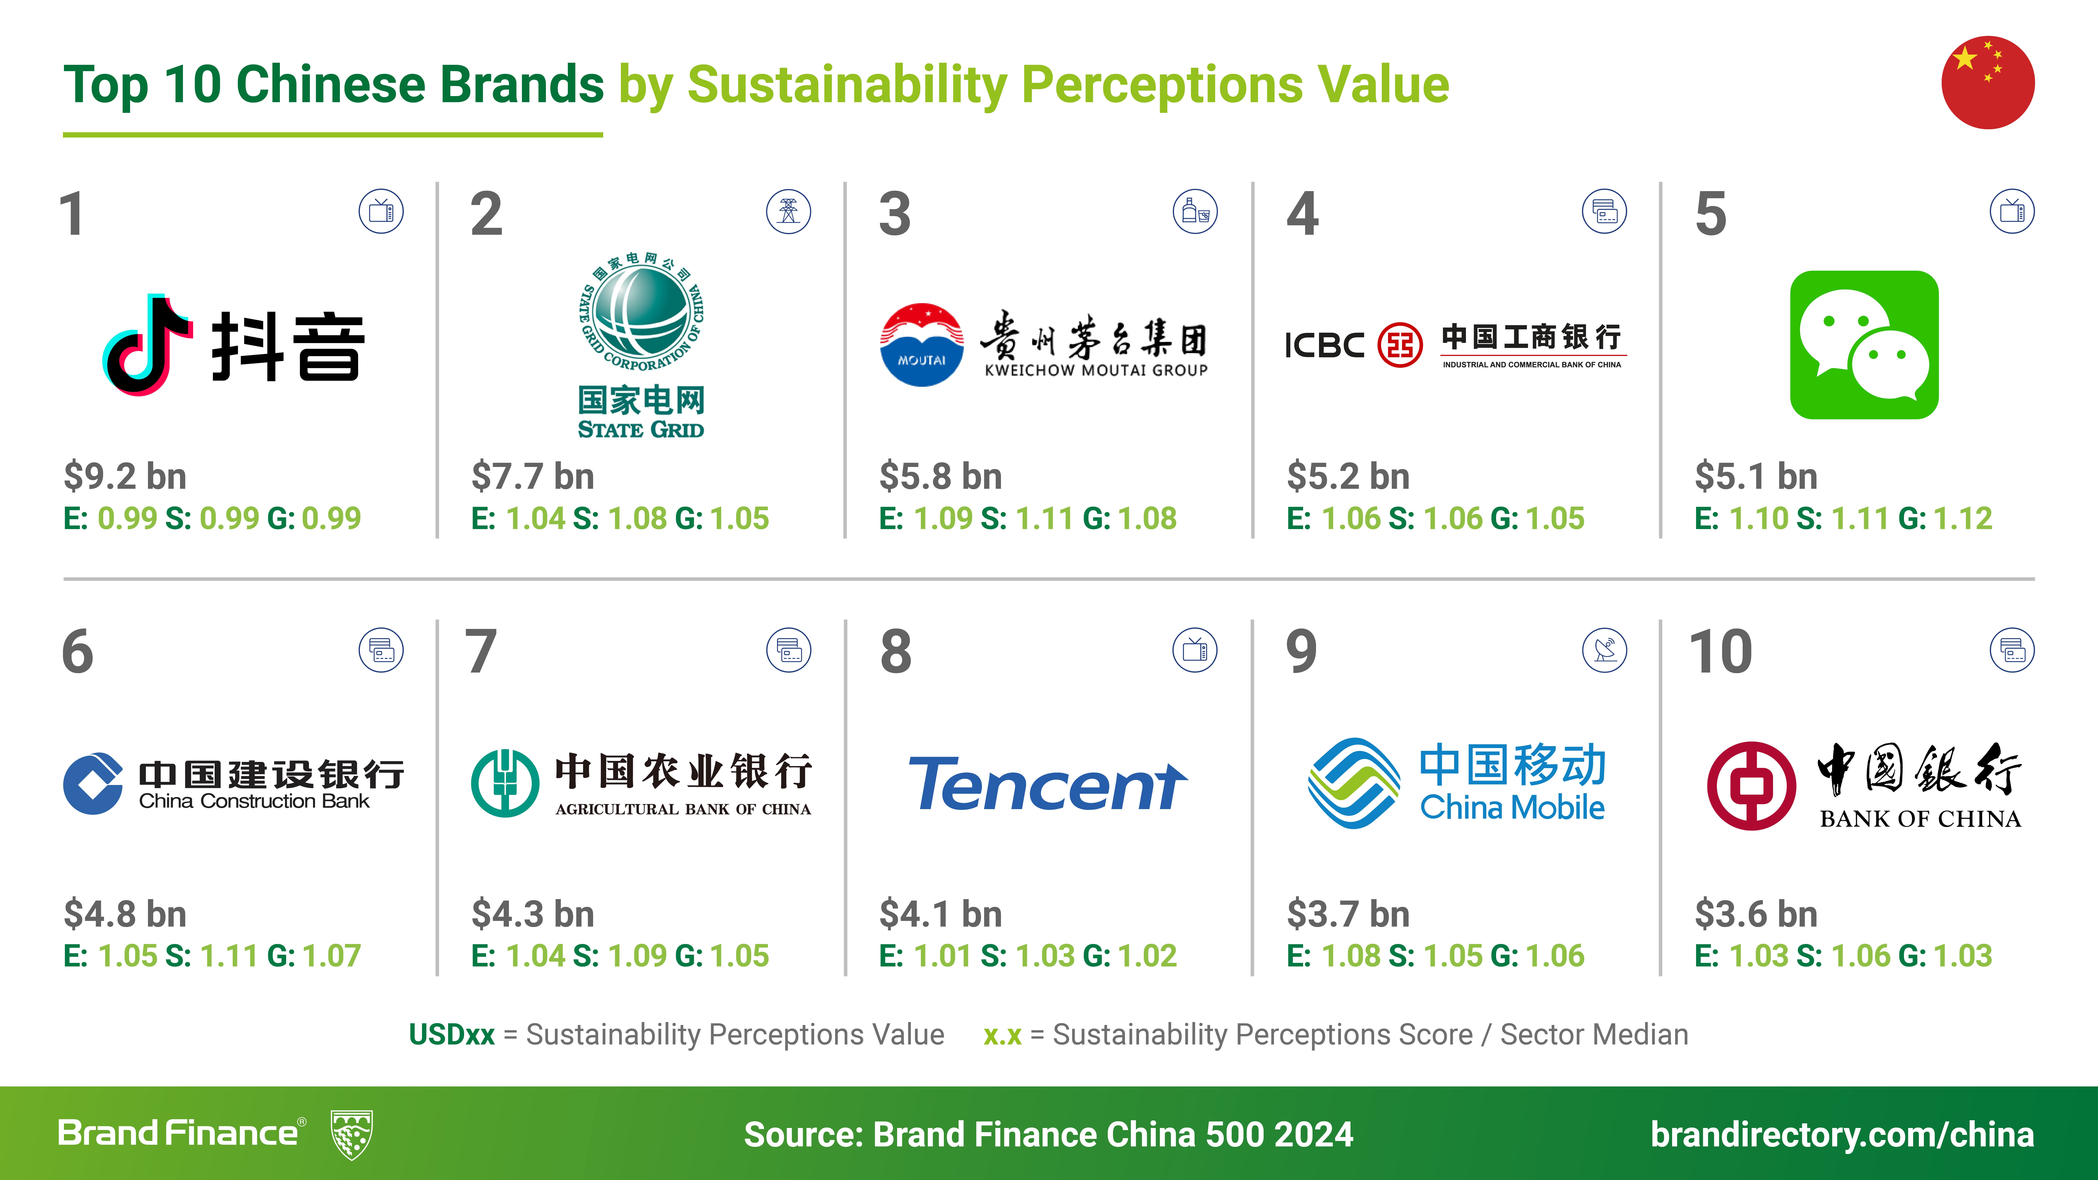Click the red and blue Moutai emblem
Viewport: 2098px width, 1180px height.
(922, 344)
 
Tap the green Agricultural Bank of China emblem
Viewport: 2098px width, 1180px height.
(505, 783)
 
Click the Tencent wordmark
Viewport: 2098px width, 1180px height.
(1047, 783)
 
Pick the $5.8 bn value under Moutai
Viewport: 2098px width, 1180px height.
(941, 476)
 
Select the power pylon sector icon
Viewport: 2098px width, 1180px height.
(788, 212)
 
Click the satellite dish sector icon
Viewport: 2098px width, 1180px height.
(1605, 650)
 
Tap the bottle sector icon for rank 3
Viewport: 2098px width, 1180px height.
(1196, 212)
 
